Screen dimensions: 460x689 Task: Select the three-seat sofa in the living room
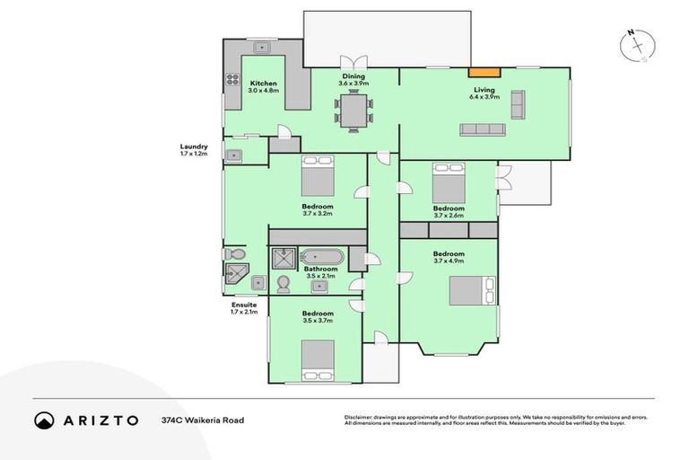483,129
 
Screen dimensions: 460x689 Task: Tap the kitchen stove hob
231,85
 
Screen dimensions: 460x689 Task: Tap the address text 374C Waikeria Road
202,420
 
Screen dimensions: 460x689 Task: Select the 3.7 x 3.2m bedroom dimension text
318,215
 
